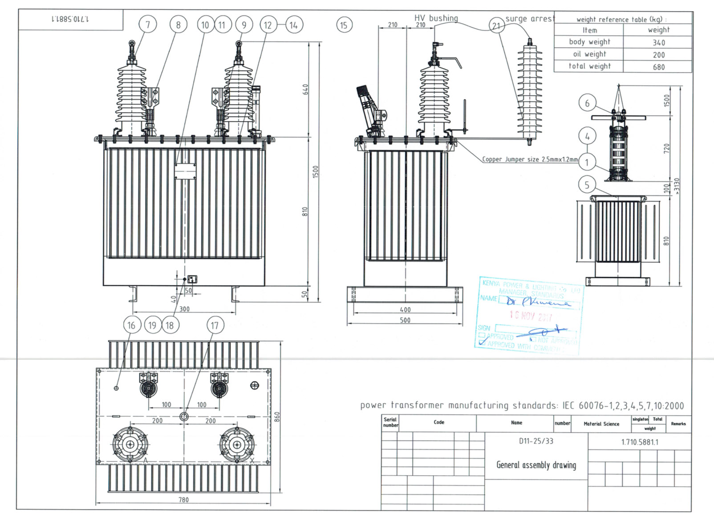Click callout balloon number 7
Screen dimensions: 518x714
[x=148, y=24]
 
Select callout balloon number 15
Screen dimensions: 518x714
[x=344, y=25]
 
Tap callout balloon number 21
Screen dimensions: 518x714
[x=496, y=26]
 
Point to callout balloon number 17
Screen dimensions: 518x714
[x=215, y=325]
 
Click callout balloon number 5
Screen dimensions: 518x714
[x=587, y=185]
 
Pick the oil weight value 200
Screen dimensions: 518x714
[x=658, y=55]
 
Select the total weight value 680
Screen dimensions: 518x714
[x=658, y=67]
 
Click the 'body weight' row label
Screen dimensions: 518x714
[x=589, y=42]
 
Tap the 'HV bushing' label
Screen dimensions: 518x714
[x=436, y=18]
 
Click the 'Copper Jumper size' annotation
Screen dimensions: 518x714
[x=530, y=159]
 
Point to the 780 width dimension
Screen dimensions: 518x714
[x=183, y=500]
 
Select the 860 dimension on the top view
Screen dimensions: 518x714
[x=277, y=417]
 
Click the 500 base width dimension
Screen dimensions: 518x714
[x=405, y=320]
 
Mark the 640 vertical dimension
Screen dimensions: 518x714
[x=305, y=89]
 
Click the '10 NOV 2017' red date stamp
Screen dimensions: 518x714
[x=531, y=316]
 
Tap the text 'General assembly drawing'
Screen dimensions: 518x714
[x=536, y=465]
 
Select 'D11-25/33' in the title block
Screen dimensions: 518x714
[x=536, y=441]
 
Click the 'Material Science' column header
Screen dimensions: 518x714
[x=601, y=424]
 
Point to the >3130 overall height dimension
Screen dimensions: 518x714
[x=677, y=186]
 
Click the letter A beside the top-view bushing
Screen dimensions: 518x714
[x=145, y=460]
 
